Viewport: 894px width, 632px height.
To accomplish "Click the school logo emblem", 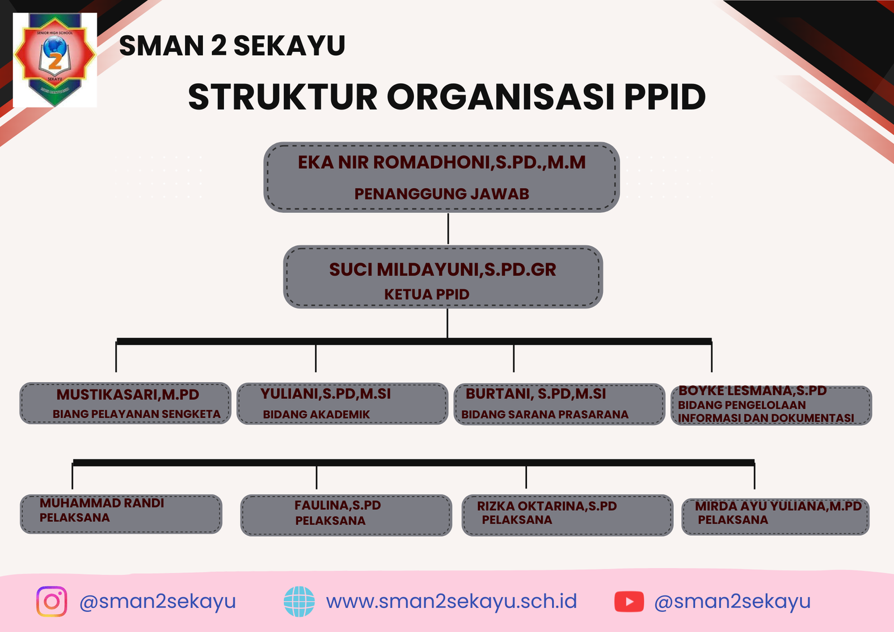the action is tap(55, 60).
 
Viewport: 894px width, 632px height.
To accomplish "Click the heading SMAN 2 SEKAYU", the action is tap(232, 45).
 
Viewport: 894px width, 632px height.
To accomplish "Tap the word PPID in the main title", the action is tap(665, 97).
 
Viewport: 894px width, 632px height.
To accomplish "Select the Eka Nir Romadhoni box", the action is tap(441, 177).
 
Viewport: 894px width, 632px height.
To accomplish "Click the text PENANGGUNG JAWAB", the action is tap(441, 194).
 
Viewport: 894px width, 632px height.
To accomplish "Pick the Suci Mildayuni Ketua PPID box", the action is tap(443, 277).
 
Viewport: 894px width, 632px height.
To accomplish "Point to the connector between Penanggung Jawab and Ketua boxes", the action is tap(448, 229).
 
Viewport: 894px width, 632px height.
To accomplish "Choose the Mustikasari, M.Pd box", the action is tap(125, 403).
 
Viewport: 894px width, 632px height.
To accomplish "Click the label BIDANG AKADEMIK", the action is tap(316, 415).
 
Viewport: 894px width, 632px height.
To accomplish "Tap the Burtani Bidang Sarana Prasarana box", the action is tap(559, 404).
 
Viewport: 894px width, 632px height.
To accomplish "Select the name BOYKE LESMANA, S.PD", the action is tap(752, 391).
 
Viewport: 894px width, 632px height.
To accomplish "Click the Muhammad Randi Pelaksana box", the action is tap(121, 514).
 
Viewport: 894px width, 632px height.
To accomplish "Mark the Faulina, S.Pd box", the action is tap(346, 515).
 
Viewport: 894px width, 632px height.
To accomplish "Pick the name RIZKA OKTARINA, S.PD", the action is tap(547, 506).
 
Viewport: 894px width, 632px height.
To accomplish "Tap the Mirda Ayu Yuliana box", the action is tap(775, 517).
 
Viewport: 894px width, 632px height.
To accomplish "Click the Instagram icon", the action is tap(51, 601).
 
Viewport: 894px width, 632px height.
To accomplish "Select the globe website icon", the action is tap(299, 601).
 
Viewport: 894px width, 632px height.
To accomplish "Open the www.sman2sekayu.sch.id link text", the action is tap(451, 601).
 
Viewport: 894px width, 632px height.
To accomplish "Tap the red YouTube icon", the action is tap(629, 602).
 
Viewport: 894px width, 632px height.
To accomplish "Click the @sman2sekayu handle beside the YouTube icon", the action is tap(733, 602).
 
